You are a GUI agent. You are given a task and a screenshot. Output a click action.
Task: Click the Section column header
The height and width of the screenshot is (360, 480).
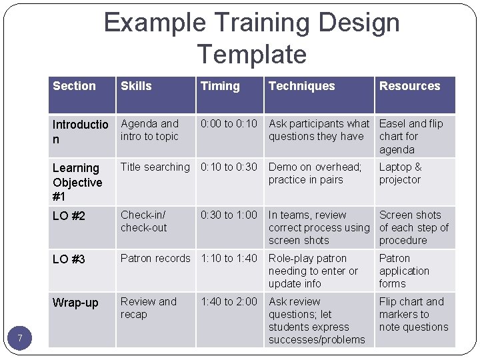coord(74,86)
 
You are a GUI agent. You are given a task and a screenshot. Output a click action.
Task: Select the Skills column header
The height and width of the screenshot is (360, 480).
coord(136,86)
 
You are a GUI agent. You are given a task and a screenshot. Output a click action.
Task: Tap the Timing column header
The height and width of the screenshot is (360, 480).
coord(220,86)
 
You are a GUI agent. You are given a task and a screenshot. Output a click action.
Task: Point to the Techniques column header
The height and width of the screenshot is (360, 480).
coord(301,86)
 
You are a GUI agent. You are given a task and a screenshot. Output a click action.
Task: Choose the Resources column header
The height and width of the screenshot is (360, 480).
coord(409,86)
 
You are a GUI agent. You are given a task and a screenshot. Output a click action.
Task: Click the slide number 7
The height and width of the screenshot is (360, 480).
coord(20,339)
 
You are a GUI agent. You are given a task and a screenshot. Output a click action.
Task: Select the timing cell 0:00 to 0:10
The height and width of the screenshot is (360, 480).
coord(229,124)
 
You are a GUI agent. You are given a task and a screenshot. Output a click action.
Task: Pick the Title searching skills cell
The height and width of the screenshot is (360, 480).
coord(155,167)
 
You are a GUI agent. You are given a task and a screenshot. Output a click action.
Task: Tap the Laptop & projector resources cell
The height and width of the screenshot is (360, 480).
coord(401,173)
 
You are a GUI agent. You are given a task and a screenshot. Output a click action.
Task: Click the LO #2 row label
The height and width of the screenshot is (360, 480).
coord(69,216)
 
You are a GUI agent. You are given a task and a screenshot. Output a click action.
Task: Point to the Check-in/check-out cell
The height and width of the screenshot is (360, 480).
coord(143,221)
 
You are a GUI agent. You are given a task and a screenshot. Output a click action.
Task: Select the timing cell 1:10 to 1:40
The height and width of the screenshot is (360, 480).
coord(229,259)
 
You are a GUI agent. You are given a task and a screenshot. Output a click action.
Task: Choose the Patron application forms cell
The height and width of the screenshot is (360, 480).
coord(404,271)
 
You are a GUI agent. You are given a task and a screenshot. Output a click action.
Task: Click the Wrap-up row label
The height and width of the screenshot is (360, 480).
coord(75,303)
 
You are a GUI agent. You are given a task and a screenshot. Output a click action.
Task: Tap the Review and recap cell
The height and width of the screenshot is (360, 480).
coord(148,308)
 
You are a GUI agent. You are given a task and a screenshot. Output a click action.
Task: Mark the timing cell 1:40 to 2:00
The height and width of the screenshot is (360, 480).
coord(229,302)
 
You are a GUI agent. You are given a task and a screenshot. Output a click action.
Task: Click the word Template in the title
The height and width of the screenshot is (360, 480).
coord(252,54)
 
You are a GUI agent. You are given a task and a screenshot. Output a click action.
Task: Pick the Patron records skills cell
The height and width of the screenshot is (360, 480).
coord(155,259)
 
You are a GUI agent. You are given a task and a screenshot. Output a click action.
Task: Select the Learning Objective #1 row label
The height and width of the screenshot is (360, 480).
coord(77,182)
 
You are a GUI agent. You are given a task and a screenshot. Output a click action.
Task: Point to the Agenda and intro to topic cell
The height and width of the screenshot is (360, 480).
coord(150,130)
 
